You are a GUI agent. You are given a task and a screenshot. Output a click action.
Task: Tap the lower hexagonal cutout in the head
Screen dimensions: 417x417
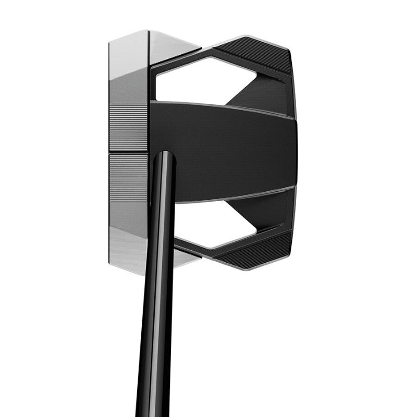click(208, 224)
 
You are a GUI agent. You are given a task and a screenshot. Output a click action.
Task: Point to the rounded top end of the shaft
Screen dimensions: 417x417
click(164, 155)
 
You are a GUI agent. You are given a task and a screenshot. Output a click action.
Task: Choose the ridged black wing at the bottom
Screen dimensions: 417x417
click(255, 250)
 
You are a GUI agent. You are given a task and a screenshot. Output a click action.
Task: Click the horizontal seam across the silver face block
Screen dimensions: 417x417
click(129, 153)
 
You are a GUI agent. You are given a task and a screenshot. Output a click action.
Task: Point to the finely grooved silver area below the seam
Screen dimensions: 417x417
click(129, 177)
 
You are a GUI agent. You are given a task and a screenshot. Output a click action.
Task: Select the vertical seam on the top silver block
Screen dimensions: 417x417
click(149, 50)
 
